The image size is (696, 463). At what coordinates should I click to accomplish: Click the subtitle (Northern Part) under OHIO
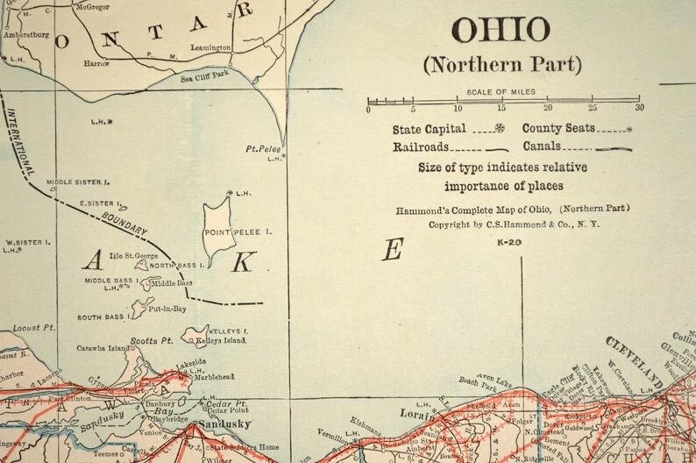pos(501,65)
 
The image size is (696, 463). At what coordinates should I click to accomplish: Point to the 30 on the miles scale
pos(640,109)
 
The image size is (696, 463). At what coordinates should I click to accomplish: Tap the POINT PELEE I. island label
pos(238,232)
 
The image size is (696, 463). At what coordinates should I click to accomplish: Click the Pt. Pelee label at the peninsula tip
pos(261,149)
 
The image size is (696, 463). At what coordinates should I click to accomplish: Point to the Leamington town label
pos(210,47)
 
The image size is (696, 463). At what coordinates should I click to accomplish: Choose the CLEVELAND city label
pos(633,360)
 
